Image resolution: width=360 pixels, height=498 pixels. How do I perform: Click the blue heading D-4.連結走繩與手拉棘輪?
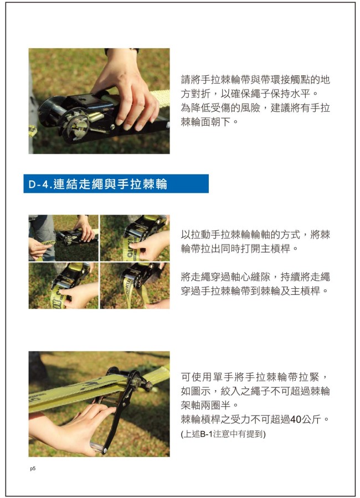pos(97,184)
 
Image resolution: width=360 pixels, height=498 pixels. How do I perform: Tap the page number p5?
pos(33,469)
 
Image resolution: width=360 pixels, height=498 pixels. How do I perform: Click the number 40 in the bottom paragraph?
pos(296,419)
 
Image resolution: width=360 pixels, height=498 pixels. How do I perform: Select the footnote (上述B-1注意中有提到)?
pos(223,434)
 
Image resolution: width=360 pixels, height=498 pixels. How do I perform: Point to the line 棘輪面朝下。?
pos(209,122)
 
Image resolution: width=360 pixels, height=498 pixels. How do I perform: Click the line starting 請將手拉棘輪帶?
pos(255,80)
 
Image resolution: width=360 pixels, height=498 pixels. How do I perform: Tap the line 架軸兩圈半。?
pos(209,405)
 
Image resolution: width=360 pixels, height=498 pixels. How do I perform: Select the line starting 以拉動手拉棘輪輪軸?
pos(255,235)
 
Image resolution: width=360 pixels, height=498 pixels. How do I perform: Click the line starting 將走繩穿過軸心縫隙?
pos(255,277)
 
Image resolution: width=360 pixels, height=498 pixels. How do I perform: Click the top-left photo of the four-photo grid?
pos(63,238)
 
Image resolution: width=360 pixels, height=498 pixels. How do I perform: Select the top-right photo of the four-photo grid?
pos(135,238)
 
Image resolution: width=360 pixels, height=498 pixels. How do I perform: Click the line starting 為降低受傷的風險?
pos(255,108)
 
